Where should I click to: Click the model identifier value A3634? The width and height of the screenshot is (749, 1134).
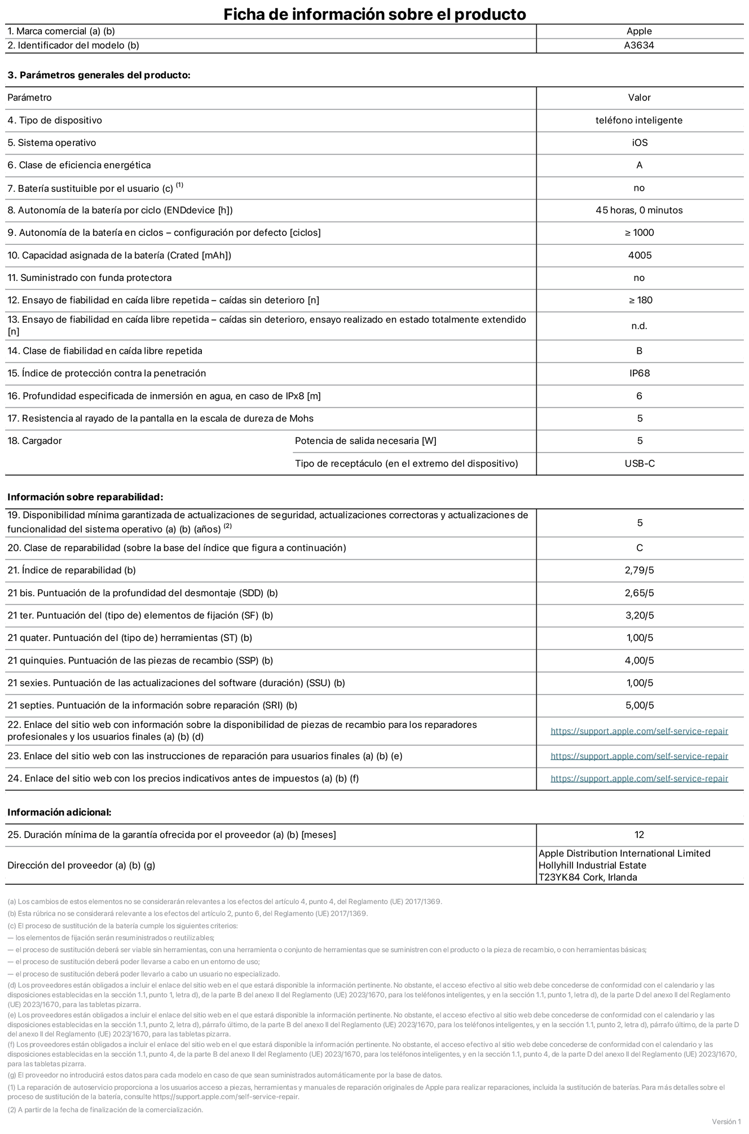pos(639,46)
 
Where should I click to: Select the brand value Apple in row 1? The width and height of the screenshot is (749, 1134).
pos(639,32)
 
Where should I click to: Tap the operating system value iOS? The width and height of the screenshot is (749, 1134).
pos(640,143)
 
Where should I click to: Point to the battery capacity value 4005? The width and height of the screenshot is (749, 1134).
pos(640,256)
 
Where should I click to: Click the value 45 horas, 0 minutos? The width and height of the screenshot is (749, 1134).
pos(639,210)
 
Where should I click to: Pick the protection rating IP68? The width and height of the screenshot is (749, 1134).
pos(640,373)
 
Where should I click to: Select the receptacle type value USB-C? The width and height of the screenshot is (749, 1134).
pos(640,464)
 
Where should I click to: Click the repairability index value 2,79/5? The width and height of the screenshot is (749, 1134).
pos(640,570)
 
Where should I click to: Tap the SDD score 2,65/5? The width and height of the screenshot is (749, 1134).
pos(640,593)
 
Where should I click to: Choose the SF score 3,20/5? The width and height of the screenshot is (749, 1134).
pos(640,616)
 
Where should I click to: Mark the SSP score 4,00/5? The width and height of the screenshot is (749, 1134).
pos(640,661)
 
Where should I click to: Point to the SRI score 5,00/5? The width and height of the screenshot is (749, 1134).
pos(640,705)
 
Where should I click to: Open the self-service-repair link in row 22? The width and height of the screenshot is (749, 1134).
pos(639,731)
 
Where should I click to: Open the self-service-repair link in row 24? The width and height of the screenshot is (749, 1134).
pos(639,779)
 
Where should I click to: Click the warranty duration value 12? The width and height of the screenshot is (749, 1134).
pos(639,835)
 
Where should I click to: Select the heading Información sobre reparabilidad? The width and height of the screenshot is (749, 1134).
pos(85,497)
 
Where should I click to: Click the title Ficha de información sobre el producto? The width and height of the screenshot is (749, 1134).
pos(374,14)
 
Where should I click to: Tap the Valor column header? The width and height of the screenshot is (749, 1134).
pos(640,98)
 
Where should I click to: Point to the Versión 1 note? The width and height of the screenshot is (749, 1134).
pos(726,1122)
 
